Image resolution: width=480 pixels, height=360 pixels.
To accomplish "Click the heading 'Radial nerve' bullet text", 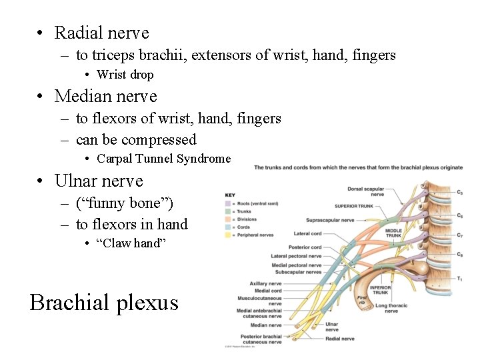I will coord(101,33).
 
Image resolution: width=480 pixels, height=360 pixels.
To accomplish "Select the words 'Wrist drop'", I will coord(125,75).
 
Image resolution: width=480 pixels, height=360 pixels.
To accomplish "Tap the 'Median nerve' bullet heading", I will coord(105,97).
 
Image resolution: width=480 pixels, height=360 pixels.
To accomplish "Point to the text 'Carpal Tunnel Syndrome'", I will coord(163,159).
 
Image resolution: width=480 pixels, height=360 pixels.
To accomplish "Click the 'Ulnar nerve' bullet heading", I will coord(99,181).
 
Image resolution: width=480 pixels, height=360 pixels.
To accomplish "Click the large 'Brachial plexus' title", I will coord(105,303).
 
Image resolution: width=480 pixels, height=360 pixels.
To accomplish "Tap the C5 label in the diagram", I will coord(460,193).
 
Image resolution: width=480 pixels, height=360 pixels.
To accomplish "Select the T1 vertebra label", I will coord(460,279).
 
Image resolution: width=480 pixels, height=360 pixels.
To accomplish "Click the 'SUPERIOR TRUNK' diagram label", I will coord(355,206).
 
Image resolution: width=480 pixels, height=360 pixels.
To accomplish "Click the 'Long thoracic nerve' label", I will coord(392,308).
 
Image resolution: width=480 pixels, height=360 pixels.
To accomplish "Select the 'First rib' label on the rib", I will coord(362,300).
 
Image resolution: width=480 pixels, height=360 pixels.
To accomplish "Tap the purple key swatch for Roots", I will coord(228,203).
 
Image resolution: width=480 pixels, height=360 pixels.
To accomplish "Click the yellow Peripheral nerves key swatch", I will coord(228,234).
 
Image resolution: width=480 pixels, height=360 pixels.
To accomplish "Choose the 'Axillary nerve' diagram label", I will coord(266,283).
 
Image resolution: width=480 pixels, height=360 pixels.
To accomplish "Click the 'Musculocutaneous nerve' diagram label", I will coord(259,301).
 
